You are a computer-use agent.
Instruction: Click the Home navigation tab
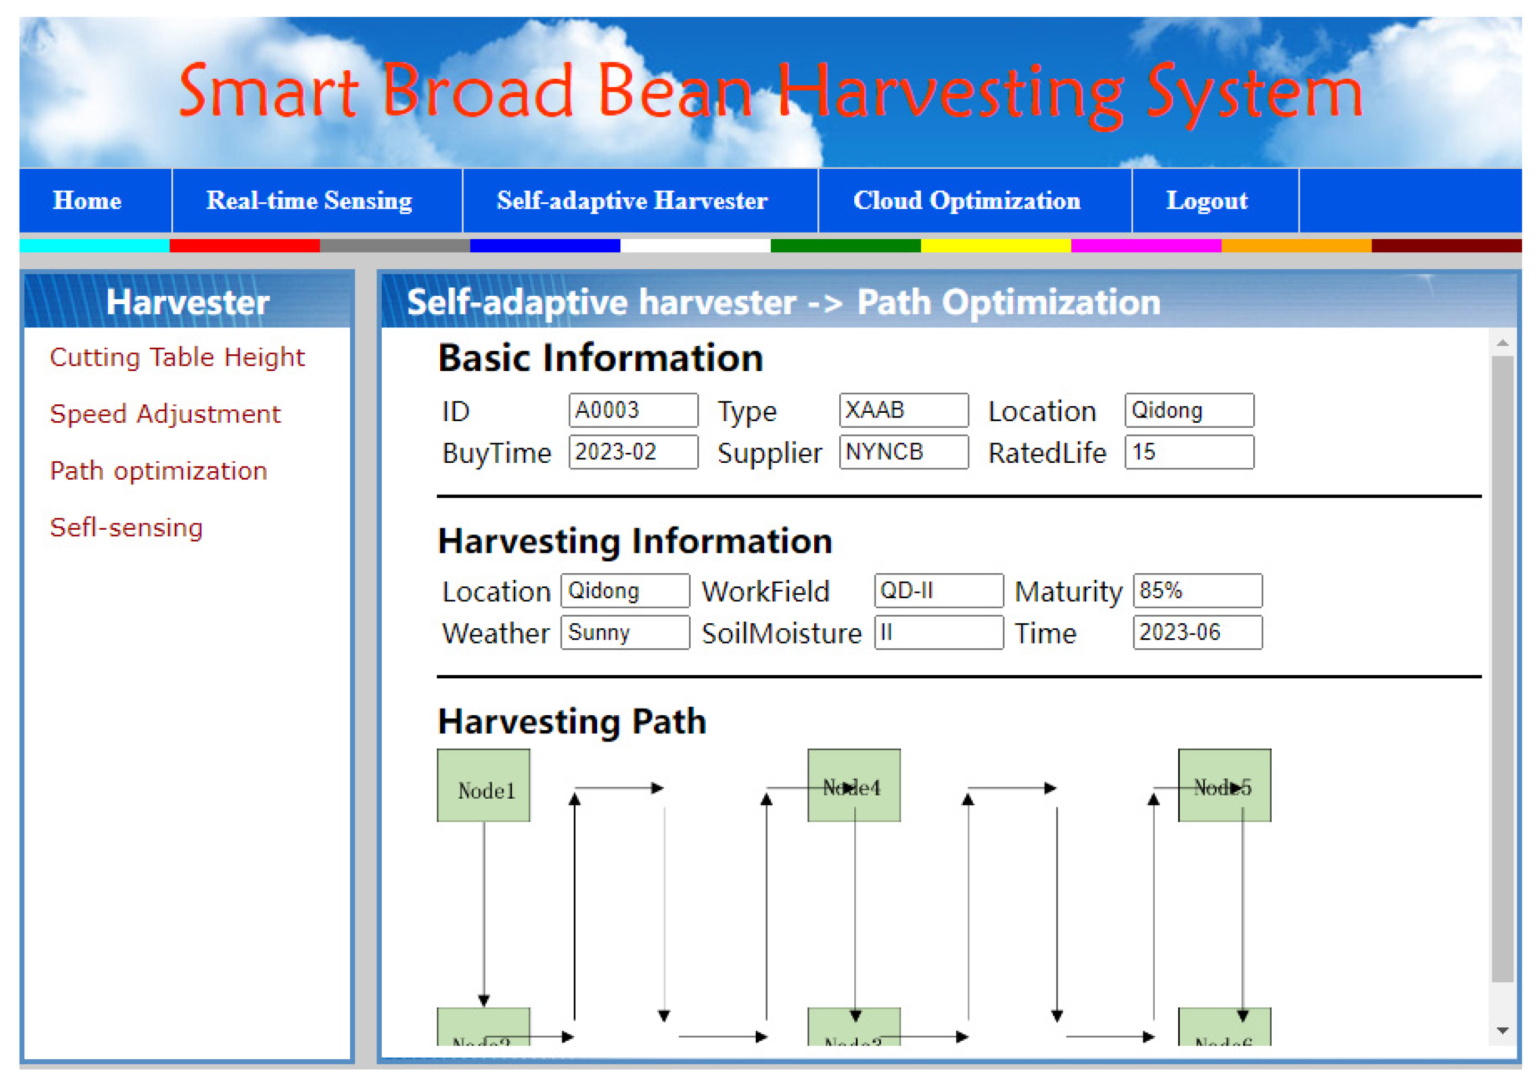[87, 200]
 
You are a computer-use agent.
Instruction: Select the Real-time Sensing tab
[309, 200]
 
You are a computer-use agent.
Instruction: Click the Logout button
[1206, 200]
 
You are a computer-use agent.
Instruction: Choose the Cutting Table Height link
[177, 357]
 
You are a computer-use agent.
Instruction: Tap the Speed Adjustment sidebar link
[165, 414]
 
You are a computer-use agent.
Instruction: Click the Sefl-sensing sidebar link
[126, 528]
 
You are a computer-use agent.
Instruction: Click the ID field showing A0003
[633, 410]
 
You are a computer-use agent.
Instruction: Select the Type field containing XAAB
[903, 410]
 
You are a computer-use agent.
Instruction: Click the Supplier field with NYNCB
[903, 452]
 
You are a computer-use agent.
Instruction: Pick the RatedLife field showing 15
[1189, 452]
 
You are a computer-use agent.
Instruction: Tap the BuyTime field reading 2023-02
[633, 452]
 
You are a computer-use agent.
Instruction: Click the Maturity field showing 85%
[1197, 591]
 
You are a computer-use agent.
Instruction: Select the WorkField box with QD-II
[938, 591]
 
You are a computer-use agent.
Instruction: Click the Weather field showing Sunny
[625, 633]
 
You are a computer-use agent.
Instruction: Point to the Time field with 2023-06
[1197, 633]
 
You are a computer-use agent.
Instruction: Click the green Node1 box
[483, 786]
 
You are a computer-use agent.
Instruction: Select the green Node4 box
[854, 786]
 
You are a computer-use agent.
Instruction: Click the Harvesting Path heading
[571, 722]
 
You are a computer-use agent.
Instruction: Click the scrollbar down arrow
[1502, 1031]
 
